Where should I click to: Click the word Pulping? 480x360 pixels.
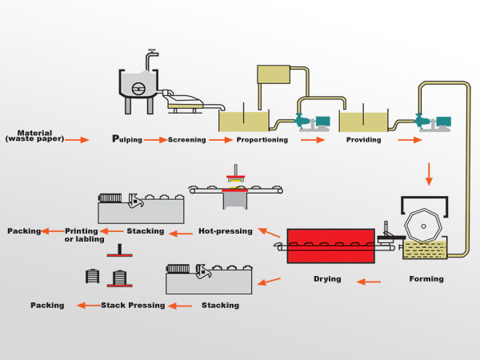point(127,139)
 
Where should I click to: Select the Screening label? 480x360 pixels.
point(186,140)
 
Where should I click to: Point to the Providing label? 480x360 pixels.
point(363,140)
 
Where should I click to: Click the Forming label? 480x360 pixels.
point(426,279)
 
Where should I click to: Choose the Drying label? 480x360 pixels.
point(326,279)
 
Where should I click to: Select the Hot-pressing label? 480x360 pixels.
point(225,231)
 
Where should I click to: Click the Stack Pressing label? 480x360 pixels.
point(133,305)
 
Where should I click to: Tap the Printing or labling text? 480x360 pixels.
point(82,234)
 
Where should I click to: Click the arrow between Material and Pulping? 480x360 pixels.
point(77,140)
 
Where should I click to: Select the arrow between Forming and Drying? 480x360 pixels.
point(369,281)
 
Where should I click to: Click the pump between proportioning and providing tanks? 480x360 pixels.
point(313,122)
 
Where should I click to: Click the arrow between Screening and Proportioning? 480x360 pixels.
point(218,140)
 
